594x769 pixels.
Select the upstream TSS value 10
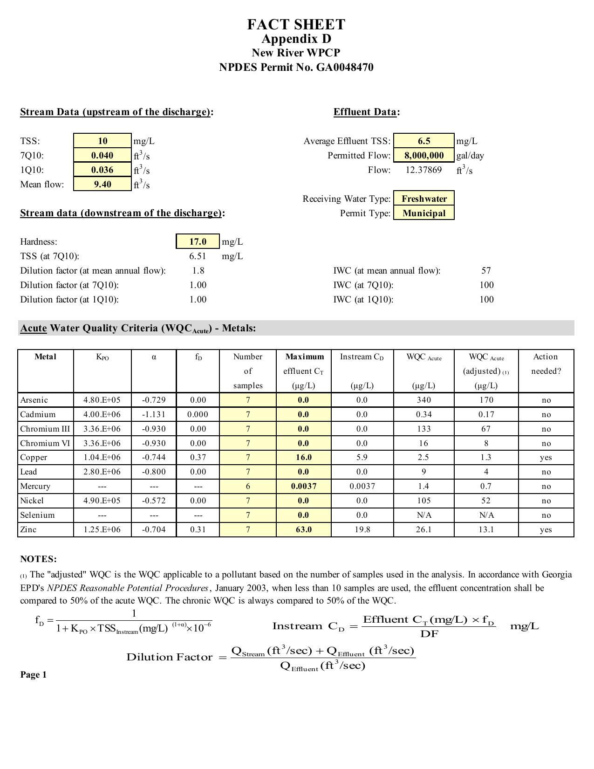[x=102, y=141]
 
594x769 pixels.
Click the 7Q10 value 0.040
[x=102, y=155]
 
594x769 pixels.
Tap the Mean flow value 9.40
[x=102, y=184]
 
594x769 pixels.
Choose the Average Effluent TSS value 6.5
[x=423, y=141]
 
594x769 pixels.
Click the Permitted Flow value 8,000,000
[x=423, y=155]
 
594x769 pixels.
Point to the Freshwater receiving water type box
[x=424, y=199]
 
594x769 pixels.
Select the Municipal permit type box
[x=424, y=213]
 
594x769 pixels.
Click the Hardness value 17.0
[x=198, y=241]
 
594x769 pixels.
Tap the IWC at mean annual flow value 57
[x=486, y=270]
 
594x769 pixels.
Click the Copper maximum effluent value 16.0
[x=303, y=457]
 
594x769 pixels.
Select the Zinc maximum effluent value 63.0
[x=303, y=529]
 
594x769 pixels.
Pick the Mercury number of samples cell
[x=248, y=486]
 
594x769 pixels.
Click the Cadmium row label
[x=38, y=414]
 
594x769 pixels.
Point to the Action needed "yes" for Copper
[x=546, y=457]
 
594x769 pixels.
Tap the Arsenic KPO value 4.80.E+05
[x=102, y=400]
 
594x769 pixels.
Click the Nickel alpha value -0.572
[x=154, y=501]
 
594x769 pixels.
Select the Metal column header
[x=45, y=357]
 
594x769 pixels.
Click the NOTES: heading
[x=38, y=559]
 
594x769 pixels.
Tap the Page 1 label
[x=33, y=675]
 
